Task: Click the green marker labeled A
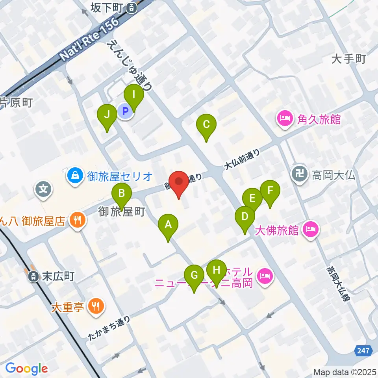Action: point(168,225)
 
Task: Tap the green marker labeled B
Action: point(122,194)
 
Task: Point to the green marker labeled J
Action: point(107,115)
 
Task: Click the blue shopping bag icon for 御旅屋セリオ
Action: point(74,174)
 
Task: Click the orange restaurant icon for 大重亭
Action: point(95,306)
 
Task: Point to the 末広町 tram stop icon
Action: point(34,277)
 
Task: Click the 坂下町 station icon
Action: point(132,7)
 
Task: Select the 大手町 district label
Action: point(348,59)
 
